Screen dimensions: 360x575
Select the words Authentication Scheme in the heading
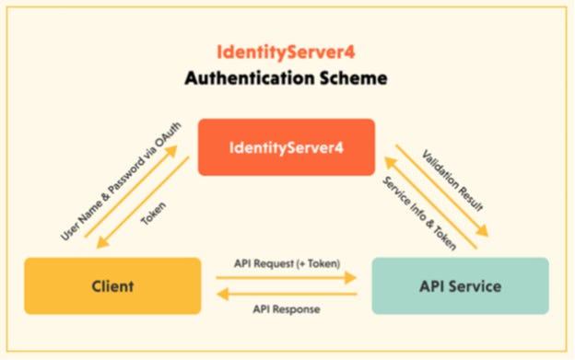(287, 78)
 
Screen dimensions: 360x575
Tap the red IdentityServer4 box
(287, 146)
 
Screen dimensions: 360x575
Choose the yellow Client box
(112, 286)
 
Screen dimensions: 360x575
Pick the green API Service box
(460, 286)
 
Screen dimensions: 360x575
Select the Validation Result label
(452, 178)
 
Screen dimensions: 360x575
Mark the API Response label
(286, 309)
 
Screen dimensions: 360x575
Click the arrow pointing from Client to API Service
(286, 274)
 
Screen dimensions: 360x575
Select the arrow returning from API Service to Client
(286, 296)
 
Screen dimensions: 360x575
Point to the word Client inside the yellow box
(112, 286)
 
